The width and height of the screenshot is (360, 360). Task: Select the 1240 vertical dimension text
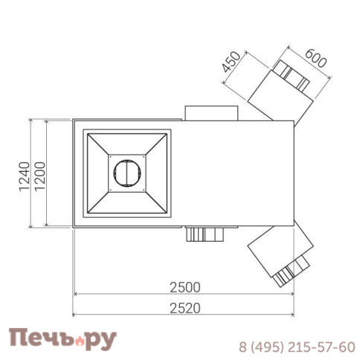[x=25, y=176]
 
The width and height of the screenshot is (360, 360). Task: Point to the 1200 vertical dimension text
[x=40, y=176]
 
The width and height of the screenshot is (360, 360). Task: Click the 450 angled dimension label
[x=231, y=62]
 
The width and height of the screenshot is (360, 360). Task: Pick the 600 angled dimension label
[x=315, y=59]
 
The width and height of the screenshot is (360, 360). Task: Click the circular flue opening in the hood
[x=127, y=173]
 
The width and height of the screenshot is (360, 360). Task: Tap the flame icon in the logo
[x=79, y=341]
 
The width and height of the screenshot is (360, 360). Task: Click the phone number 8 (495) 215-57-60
[x=297, y=347]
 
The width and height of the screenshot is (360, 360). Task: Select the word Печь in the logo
[x=42, y=338]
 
